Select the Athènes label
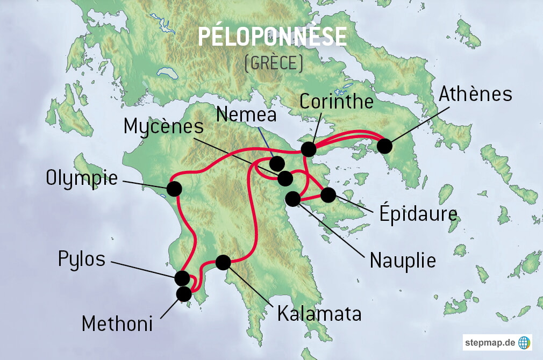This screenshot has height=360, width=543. point(475,94)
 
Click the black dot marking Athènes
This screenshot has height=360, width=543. point(384,146)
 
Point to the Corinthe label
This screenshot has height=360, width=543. point(336,101)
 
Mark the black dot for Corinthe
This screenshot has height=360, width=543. point(308,149)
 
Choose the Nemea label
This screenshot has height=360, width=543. point(246,114)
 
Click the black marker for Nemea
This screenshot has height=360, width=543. point(277,163)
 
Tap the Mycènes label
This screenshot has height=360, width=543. point(163,127)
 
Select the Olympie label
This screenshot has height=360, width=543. point(81,178)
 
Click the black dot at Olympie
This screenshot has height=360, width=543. point(174,189)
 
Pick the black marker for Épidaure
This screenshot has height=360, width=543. point(328,195)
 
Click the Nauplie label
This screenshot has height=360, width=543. point(403,261)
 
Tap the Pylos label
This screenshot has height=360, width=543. point(82,259)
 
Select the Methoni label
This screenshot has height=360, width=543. point(117,324)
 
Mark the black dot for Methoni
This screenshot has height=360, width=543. point(184,294)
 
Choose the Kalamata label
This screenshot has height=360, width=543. point(319,314)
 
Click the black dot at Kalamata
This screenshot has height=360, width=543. point(223,262)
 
